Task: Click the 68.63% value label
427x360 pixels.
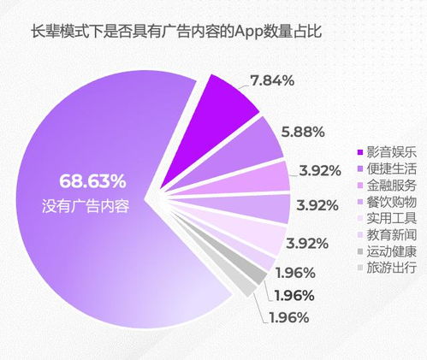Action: point(92,181)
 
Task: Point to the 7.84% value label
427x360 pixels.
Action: point(273,80)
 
